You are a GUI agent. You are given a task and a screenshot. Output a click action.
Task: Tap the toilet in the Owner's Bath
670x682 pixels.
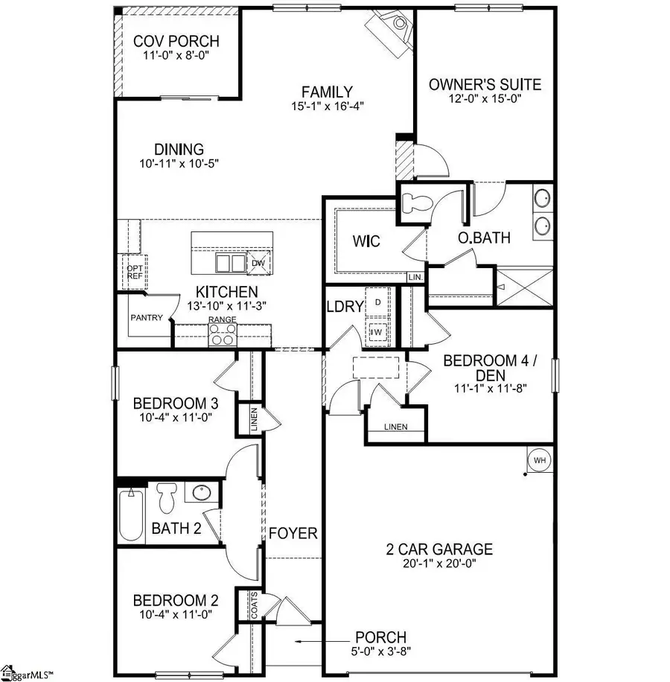tap(414, 201)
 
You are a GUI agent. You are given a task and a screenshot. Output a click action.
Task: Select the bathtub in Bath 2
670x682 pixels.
tap(131, 515)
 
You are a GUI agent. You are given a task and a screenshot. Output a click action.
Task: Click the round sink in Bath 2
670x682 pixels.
tap(200, 492)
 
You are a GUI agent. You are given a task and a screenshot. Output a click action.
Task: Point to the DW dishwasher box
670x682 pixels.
tap(258, 263)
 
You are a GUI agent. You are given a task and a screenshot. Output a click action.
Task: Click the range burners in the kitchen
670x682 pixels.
tap(223, 336)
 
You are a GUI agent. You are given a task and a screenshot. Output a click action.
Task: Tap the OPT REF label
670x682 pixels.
tap(135, 273)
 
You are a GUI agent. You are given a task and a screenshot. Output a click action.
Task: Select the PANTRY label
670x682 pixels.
tap(147, 317)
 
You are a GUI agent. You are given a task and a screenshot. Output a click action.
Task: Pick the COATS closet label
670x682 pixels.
tap(243, 606)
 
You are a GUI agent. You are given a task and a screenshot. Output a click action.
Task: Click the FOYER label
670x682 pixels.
tap(293, 534)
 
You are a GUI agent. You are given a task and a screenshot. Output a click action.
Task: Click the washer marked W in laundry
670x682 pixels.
tap(377, 333)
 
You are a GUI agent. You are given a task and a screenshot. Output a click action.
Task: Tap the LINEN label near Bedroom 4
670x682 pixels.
tap(395, 427)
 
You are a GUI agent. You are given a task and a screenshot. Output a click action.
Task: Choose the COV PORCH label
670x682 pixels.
tap(176, 42)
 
